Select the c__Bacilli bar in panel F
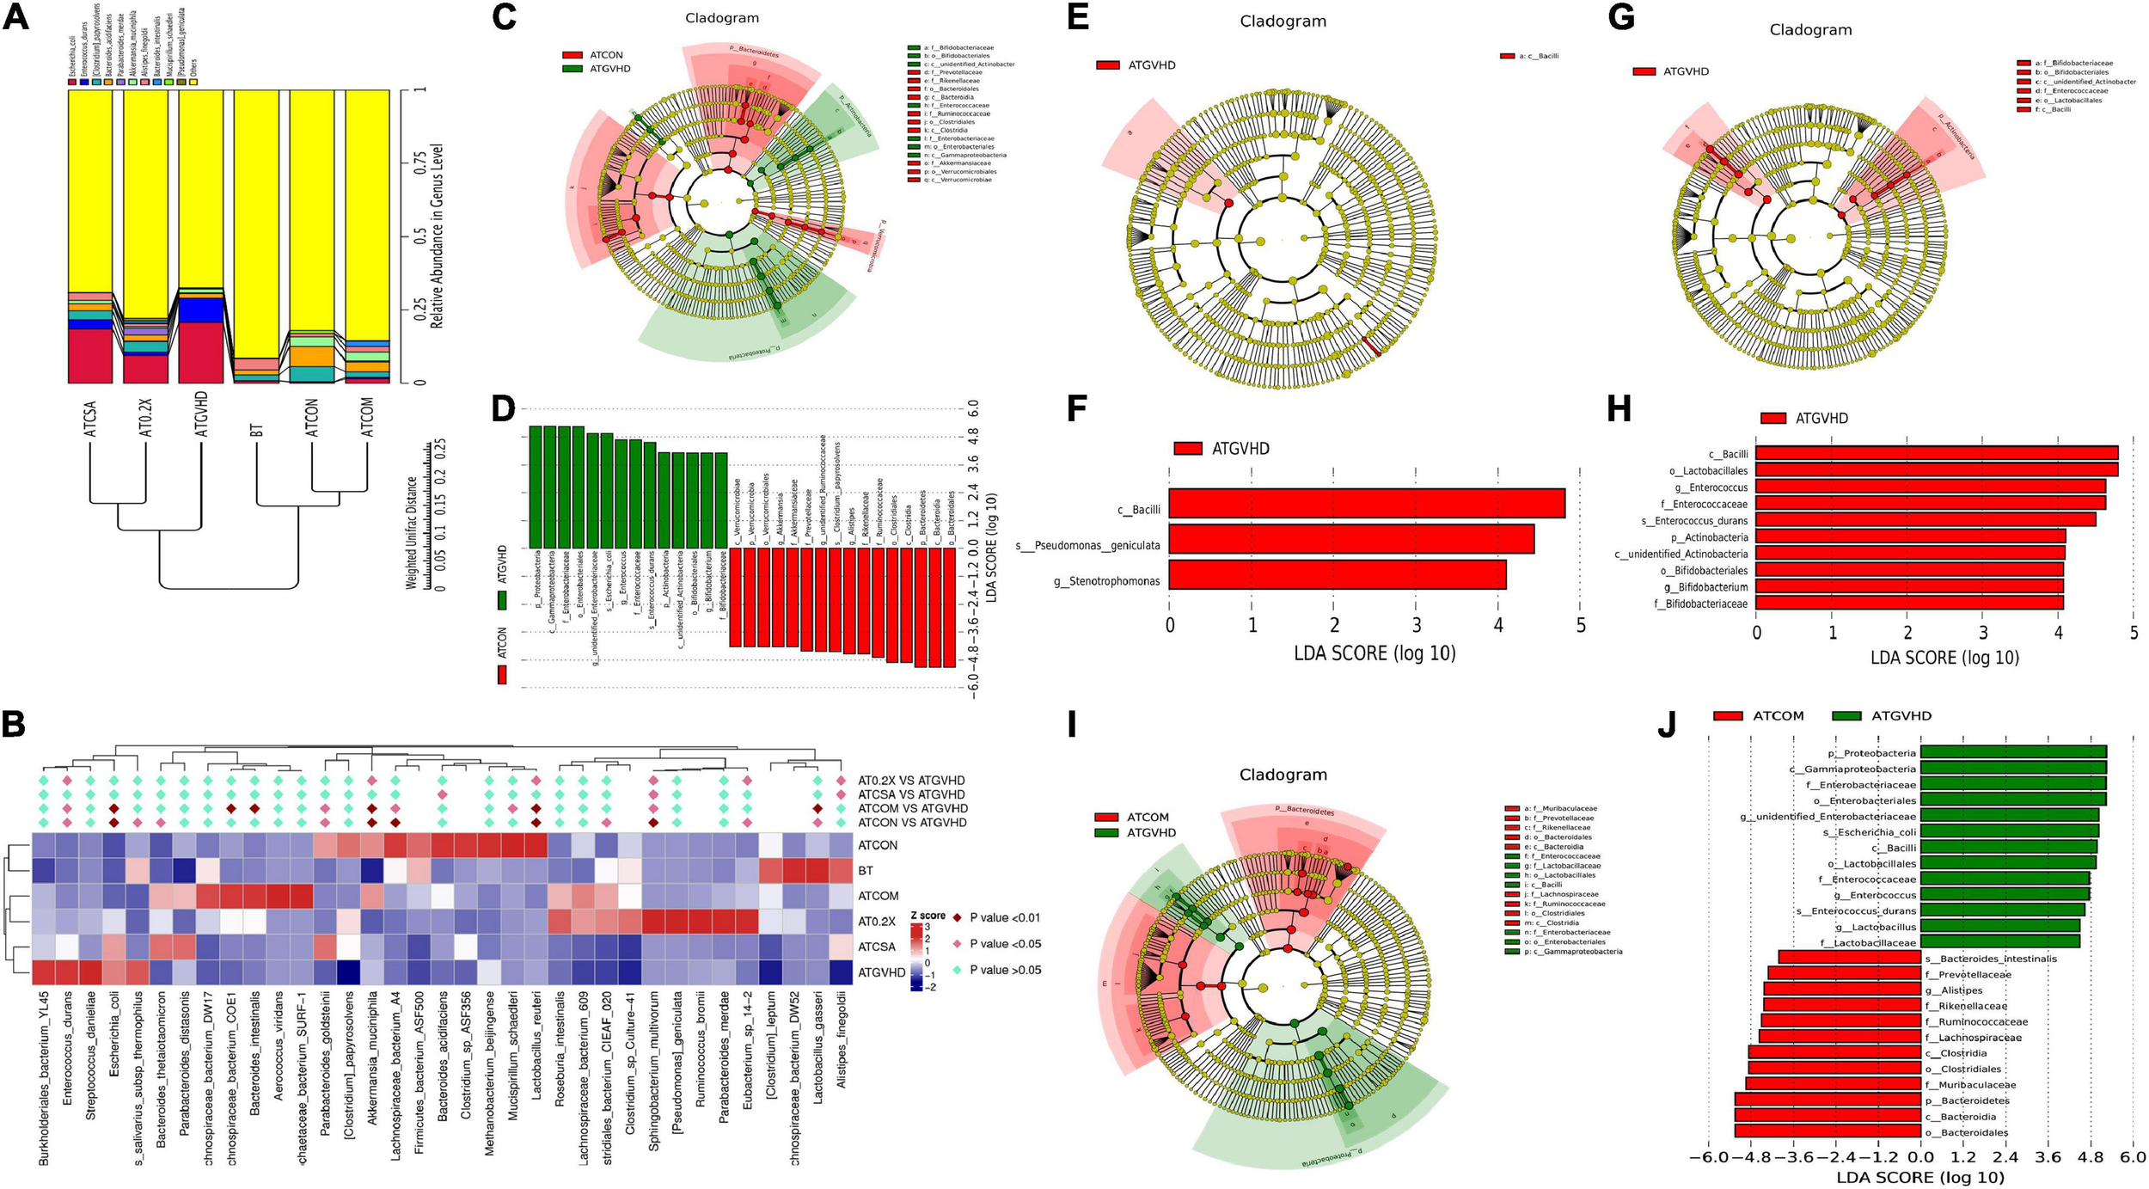coord(1367,504)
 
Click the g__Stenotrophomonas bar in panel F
coord(1338,574)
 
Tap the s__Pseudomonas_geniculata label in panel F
coord(1088,545)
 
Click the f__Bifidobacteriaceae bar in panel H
coord(1909,604)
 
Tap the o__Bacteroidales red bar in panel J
coord(1827,1132)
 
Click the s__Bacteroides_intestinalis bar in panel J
coord(1849,958)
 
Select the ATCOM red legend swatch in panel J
coord(1727,716)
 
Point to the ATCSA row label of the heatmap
coord(877,947)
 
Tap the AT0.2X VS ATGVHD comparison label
coord(911,781)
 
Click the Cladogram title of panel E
coord(1283,21)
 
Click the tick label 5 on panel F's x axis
coord(1581,626)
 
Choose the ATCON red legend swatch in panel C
coord(572,55)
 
